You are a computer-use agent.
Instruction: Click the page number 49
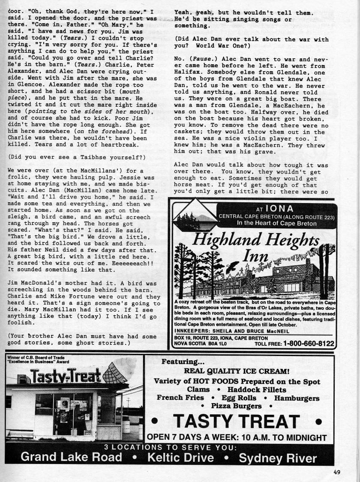click(337, 472)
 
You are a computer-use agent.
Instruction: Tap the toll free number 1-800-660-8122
click(308, 343)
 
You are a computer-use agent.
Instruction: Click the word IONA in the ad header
click(279, 209)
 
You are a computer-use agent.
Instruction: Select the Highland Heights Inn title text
click(256, 247)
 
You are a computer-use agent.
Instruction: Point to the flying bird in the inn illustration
click(232, 266)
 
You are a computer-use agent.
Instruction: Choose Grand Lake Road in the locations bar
click(71, 457)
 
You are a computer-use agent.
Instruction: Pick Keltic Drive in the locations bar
click(180, 457)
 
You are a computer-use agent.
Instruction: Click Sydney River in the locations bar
click(278, 458)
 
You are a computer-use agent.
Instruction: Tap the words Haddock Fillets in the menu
click(257, 389)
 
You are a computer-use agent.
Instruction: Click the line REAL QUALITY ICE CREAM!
click(237, 371)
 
